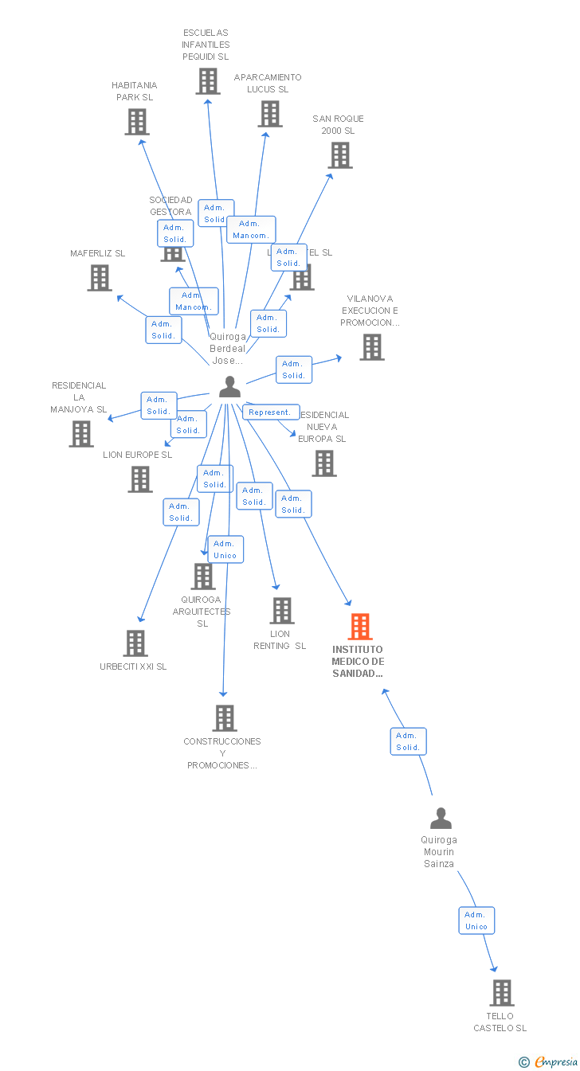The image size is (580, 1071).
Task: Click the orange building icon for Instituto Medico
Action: point(360,627)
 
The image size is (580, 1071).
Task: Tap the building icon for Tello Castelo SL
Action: point(501,993)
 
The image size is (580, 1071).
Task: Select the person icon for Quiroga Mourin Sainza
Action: point(440,819)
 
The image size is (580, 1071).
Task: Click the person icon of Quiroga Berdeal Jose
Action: point(229,387)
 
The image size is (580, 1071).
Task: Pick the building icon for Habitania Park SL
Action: point(137,122)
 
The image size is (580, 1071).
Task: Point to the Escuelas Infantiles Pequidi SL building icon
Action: point(207,81)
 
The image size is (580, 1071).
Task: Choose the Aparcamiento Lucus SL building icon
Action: point(270,114)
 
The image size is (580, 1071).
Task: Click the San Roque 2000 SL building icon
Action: point(340,155)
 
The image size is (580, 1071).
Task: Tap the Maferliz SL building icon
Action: point(99,278)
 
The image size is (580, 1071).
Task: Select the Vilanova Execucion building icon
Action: point(371,347)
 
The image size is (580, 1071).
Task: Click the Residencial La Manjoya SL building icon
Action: point(80,434)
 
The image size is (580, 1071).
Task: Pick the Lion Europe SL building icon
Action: point(139,479)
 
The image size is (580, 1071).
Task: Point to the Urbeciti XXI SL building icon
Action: point(135,643)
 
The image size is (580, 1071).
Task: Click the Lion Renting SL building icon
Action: point(282,611)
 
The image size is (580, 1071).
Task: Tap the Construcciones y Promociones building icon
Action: point(224,718)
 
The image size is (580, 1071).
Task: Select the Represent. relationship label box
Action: point(270,412)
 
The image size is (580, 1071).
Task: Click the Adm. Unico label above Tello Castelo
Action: point(476,921)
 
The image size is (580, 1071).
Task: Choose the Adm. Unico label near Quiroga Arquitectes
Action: point(225,549)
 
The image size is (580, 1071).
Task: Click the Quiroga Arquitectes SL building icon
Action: point(203,577)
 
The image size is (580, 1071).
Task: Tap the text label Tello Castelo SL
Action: point(500,1022)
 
